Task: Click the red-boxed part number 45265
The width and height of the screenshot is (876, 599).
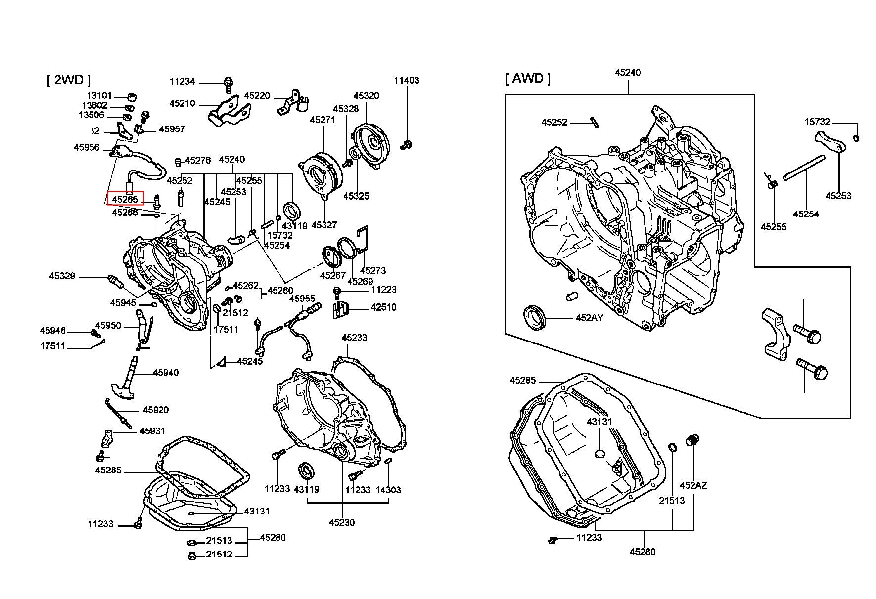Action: coord(125,199)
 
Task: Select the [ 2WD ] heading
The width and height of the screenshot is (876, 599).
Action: coord(69,80)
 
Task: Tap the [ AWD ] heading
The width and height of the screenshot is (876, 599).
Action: coord(528,78)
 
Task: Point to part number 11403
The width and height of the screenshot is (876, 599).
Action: coord(407,80)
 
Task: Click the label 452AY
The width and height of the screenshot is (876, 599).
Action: coord(590,318)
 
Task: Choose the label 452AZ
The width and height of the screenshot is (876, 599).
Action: coord(693,485)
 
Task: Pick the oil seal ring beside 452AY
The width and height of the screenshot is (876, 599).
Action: coord(535,317)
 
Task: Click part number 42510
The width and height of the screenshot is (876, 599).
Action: coord(384,307)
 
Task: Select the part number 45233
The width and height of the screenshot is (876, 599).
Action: coord(354,338)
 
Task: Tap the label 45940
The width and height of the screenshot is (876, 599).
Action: coord(165,373)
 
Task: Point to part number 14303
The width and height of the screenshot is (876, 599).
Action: coord(388,490)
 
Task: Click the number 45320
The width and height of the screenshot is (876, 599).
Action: coord(366,96)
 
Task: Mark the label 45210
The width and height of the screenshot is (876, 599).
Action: coord(182,103)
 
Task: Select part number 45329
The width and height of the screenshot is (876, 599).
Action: coord(62,276)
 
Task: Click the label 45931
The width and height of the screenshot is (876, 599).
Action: coord(152,431)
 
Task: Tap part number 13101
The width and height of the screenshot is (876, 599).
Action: coord(99,95)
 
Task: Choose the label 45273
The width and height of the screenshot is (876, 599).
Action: coord(373,270)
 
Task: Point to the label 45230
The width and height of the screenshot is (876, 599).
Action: coord(342,522)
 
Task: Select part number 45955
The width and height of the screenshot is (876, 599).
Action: coord(302,299)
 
